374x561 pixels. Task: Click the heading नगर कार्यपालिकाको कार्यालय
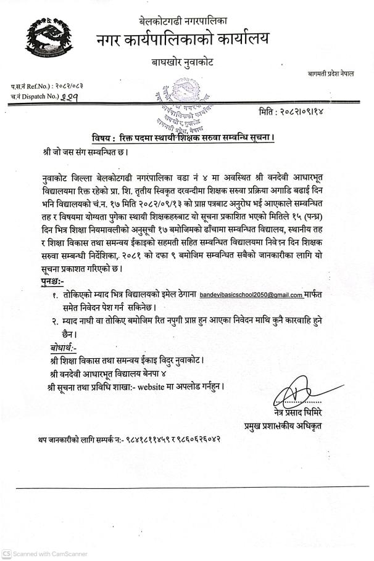click(x=183, y=40)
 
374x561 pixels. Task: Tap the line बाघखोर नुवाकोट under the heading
click(x=183, y=62)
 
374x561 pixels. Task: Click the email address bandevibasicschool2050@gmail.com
click(x=251, y=295)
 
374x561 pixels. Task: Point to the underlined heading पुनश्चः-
click(x=48, y=281)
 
